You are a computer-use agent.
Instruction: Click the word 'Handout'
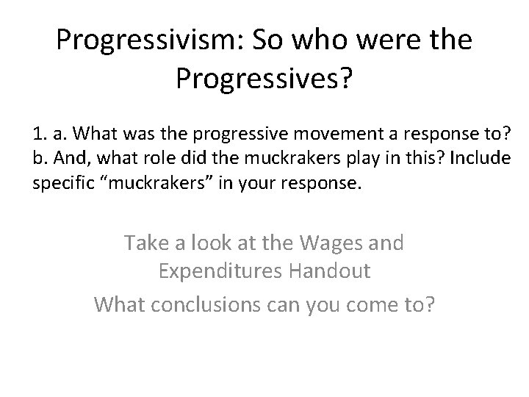(325, 271)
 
